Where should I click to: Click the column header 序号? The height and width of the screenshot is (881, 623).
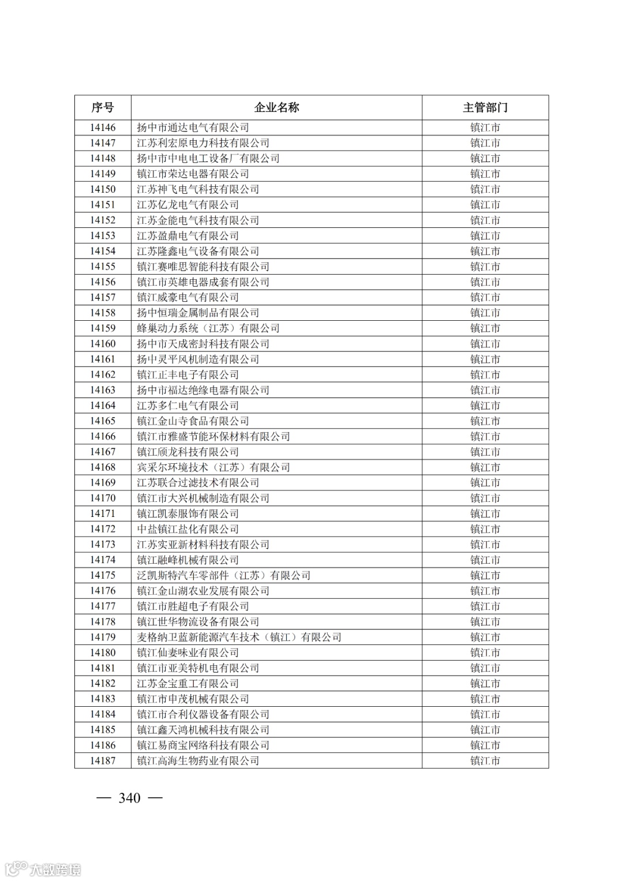pyautogui.click(x=103, y=108)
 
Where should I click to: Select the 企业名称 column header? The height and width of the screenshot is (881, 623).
pyautogui.click(x=276, y=108)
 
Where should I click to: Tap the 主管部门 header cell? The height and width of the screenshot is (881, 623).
pyautogui.click(x=485, y=108)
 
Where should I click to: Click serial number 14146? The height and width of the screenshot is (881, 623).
pyautogui.click(x=103, y=128)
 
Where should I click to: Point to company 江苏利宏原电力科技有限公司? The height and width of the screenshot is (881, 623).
pyautogui.click(x=203, y=143)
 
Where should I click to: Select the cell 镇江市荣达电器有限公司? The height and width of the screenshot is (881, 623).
pyautogui.click(x=193, y=174)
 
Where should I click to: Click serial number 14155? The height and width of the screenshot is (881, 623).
pyautogui.click(x=103, y=267)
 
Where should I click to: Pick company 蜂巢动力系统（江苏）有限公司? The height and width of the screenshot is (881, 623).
pyautogui.click(x=208, y=328)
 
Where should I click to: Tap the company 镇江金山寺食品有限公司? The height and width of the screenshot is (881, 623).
pyautogui.click(x=193, y=421)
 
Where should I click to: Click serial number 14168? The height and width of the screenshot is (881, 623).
pyautogui.click(x=103, y=467)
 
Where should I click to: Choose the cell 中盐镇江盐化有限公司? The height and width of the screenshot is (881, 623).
pyautogui.click(x=187, y=529)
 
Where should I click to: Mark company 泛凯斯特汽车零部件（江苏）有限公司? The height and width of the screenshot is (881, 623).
pyautogui.click(x=224, y=575)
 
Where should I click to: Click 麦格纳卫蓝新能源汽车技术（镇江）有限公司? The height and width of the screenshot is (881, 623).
pyautogui.click(x=239, y=637)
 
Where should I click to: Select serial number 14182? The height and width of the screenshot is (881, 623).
pyautogui.click(x=103, y=684)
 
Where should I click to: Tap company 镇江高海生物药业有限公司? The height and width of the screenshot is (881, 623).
pyautogui.click(x=198, y=761)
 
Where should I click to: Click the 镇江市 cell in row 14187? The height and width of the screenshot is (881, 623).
pyautogui.click(x=485, y=761)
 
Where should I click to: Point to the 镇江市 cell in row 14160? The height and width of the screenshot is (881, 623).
pyautogui.click(x=485, y=344)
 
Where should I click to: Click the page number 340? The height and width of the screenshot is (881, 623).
pyautogui.click(x=129, y=798)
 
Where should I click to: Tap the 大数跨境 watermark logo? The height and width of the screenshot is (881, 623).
pyautogui.click(x=43, y=869)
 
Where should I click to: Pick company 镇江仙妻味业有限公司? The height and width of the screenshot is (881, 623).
pyautogui.click(x=187, y=653)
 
